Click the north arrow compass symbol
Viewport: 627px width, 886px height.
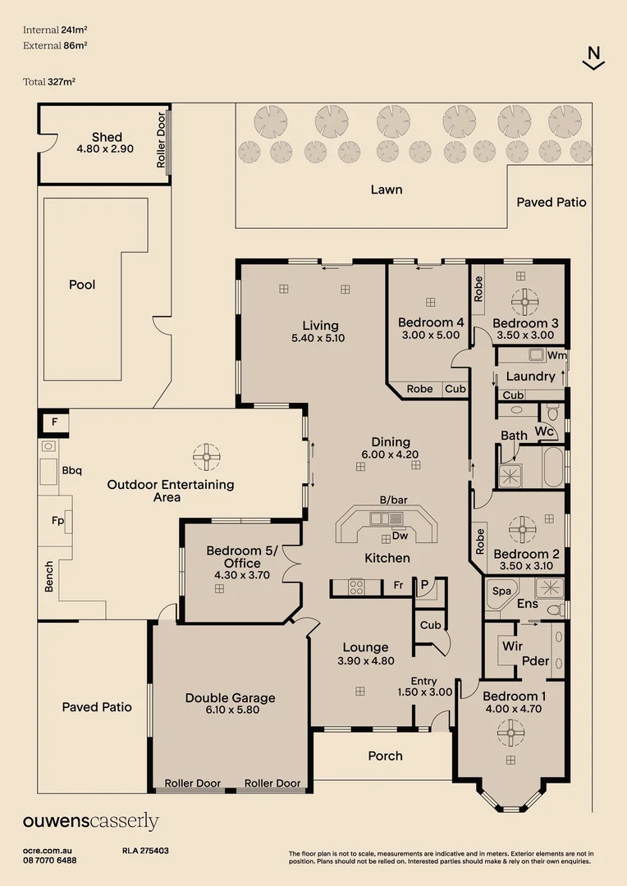(x=593, y=58)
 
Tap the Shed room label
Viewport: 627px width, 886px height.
(x=107, y=137)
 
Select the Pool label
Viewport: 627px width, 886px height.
(x=82, y=284)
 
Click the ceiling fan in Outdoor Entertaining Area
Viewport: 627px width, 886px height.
(x=206, y=457)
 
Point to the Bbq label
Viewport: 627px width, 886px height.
(x=71, y=470)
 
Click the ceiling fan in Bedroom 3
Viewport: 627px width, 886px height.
(x=524, y=302)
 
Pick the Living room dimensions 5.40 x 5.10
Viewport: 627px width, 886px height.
(x=318, y=338)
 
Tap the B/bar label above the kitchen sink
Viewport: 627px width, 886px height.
(x=393, y=500)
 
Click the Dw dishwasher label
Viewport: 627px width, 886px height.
(x=400, y=535)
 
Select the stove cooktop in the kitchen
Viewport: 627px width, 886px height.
(x=356, y=587)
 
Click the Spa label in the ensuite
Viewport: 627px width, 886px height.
(x=501, y=591)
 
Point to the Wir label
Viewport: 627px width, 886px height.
(x=512, y=646)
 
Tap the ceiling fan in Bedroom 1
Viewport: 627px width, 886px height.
(x=510, y=733)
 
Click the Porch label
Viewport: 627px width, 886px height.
(x=385, y=756)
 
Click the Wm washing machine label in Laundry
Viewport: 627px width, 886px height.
(x=556, y=355)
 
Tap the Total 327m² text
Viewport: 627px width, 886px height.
(x=49, y=81)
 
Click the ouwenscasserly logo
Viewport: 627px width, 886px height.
(x=90, y=821)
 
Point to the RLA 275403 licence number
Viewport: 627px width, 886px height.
(x=145, y=851)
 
